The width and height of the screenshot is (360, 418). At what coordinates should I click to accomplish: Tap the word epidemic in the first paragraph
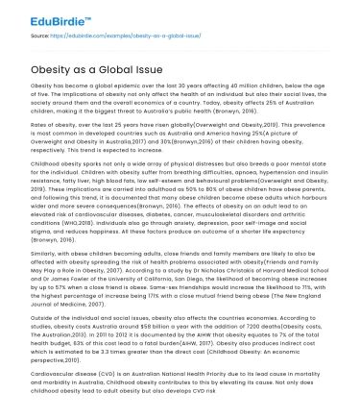124,85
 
